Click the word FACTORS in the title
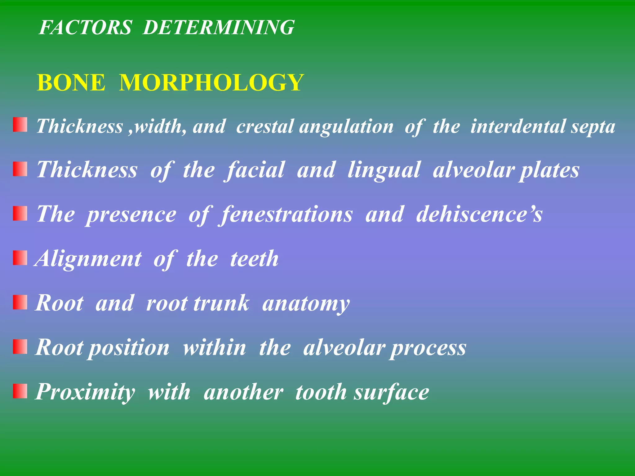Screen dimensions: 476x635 (x=86, y=27)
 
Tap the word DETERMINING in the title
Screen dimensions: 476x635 (x=218, y=27)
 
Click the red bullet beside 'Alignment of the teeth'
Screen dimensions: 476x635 (x=20, y=258)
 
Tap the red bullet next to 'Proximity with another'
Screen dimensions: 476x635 (x=20, y=391)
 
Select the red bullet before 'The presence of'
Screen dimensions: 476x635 (x=20, y=214)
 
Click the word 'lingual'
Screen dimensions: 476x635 (x=384, y=170)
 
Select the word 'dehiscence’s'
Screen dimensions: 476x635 (x=479, y=214)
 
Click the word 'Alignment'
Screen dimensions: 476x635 (x=89, y=259)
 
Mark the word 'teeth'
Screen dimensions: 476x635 (x=254, y=259)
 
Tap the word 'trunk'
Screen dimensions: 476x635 (x=221, y=303)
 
